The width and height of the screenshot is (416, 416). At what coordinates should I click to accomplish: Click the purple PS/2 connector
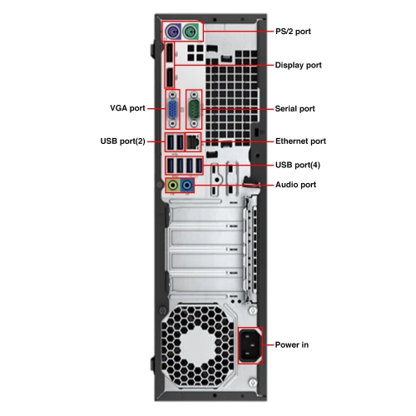click(171, 32)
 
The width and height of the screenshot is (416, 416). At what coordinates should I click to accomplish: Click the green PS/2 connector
click(191, 32)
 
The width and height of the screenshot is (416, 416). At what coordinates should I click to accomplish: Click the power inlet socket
click(250, 344)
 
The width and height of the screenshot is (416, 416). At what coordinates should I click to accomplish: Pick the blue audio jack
click(187, 184)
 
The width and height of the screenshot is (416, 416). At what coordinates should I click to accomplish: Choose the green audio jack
click(173, 184)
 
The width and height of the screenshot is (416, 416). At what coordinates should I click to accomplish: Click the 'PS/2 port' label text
click(294, 31)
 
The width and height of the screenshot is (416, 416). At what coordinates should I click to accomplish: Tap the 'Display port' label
click(298, 65)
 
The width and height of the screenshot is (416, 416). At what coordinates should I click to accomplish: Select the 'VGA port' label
click(127, 108)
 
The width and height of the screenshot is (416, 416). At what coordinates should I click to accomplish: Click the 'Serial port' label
click(295, 108)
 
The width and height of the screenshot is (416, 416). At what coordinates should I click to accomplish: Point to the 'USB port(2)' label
click(122, 141)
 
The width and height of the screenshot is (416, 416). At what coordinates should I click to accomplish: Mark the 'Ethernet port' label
click(300, 141)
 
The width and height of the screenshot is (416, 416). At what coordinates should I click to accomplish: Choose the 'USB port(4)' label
click(297, 164)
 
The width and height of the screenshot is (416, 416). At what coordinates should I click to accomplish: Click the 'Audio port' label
click(295, 184)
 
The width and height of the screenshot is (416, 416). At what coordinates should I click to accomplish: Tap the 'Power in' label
click(291, 344)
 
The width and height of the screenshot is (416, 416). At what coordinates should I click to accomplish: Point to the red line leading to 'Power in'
click(268, 344)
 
